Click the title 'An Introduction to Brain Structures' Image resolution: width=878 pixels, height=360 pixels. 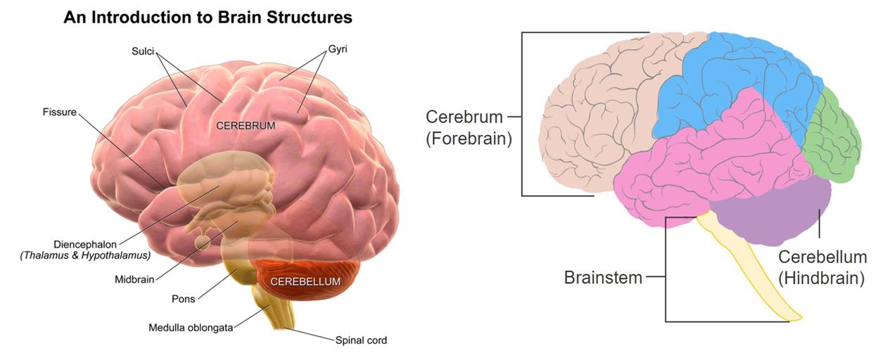(208, 18)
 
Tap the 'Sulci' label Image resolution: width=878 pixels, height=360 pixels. (142, 51)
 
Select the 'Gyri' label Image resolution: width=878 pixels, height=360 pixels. (338, 51)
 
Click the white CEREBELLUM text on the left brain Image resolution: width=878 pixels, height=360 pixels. (305, 281)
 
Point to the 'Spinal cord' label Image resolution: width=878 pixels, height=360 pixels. (361, 340)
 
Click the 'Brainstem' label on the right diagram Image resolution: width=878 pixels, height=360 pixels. (603, 277)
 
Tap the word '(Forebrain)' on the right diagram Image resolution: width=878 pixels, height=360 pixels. (468, 139)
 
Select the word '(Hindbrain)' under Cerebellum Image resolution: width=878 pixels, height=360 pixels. (822, 278)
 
